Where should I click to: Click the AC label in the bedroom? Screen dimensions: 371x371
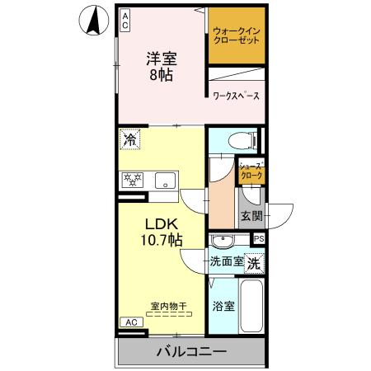pyautogui.click(x=124, y=21)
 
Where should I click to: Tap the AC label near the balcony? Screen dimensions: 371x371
pyautogui.click(x=130, y=322)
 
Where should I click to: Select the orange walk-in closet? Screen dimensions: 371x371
pyautogui.click(x=237, y=36)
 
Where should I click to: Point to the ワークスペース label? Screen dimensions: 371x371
pyautogui.click(x=236, y=96)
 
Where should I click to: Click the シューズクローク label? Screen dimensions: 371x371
pyautogui.click(x=251, y=171)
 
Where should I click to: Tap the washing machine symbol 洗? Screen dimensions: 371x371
pyautogui.click(x=255, y=265)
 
